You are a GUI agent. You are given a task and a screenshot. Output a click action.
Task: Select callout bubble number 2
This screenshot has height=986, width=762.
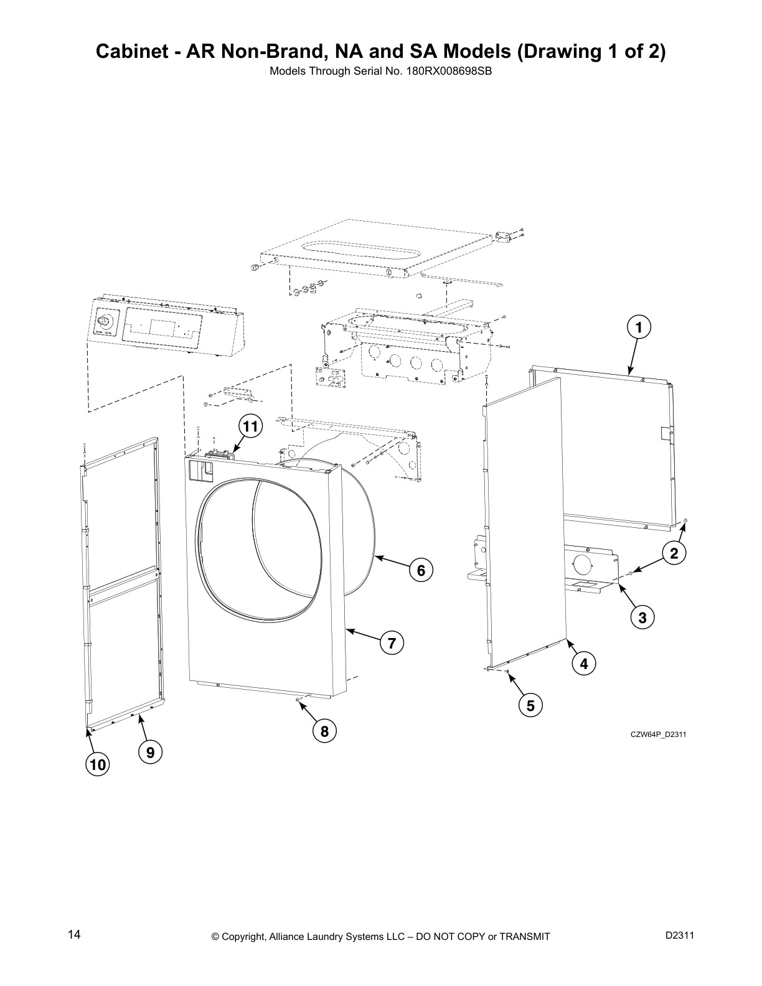coord(674,552)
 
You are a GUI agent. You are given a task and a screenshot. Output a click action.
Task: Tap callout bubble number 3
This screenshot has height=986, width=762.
coord(642,617)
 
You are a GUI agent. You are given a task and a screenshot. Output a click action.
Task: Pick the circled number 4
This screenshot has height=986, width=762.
coord(583,664)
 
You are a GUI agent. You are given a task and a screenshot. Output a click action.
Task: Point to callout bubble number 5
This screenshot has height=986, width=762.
coord(530,705)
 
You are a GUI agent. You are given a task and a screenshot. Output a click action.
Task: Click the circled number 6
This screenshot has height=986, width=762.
coord(421,570)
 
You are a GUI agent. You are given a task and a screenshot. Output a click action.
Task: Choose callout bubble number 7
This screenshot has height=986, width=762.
coord(392,643)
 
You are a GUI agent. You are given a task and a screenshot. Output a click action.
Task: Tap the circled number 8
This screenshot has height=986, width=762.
coord(324,731)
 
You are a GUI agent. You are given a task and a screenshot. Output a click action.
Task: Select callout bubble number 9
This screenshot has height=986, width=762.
coord(150,753)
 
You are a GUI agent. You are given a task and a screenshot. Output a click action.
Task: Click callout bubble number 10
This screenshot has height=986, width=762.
coord(97,765)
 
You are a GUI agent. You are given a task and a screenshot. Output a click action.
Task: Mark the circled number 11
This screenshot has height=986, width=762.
coord(250,426)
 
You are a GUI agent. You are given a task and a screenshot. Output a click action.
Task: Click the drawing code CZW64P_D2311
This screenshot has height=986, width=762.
coord(658,735)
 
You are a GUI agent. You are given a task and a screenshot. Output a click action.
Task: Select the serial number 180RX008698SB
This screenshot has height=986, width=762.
coord(452,70)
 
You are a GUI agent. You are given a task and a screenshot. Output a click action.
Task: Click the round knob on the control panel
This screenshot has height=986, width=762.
coord(104,321)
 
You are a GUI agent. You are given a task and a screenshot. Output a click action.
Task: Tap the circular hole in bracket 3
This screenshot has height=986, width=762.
coord(583,565)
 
